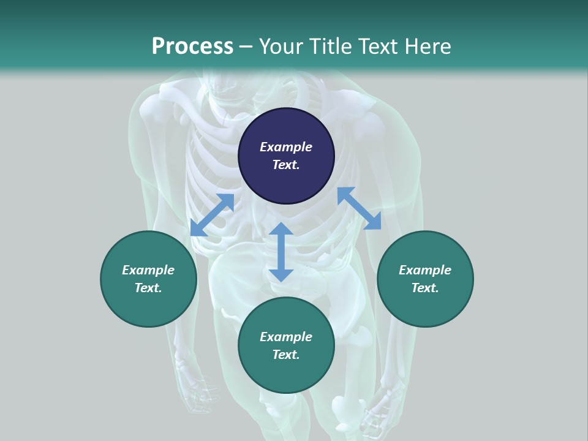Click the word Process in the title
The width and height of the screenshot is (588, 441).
(x=192, y=47)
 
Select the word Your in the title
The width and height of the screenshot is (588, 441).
(x=279, y=47)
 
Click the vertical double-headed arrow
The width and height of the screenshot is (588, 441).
(x=281, y=252)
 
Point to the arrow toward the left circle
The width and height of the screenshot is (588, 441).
(x=212, y=215)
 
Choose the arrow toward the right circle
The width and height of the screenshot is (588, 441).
(x=359, y=208)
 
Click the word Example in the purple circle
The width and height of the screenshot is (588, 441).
(x=286, y=147)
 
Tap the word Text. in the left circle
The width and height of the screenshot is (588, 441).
(x=148, y=288)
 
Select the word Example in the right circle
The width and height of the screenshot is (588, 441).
(x=425, y=270)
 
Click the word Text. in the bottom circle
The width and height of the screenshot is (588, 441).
(x=286, y=355)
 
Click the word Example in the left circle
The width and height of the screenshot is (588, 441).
(x=148, y=270)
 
